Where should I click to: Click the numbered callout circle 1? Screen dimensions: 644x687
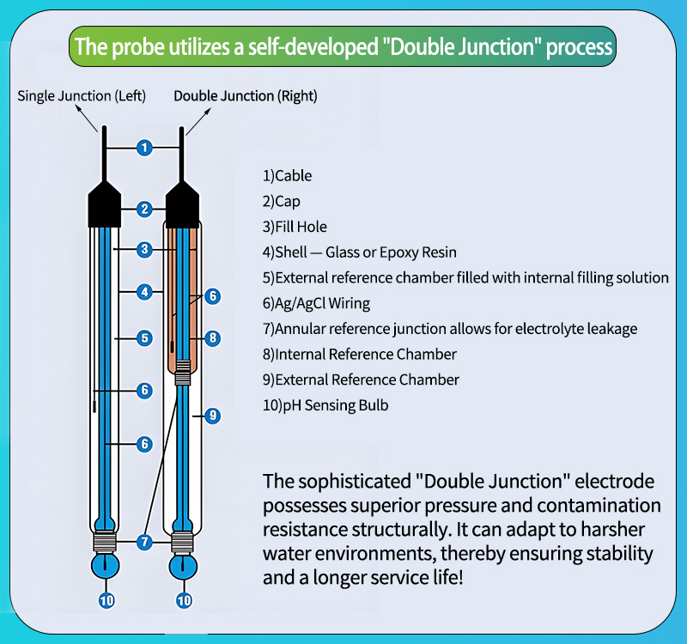pos(144,148)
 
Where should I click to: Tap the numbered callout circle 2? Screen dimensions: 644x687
pos(144,209)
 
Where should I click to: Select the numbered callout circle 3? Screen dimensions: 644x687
pos(144,249)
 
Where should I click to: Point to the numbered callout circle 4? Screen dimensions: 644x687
pos(144,292)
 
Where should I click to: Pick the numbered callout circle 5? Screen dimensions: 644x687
pos(144,337)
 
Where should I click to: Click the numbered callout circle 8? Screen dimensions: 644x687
pos(213,337)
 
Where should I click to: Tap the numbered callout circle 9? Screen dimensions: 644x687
pos(213,416)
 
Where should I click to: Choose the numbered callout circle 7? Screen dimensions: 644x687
pos(144,542)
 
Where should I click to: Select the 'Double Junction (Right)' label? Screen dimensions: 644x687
pos(246,95)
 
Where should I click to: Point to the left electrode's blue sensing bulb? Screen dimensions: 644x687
pos(106,566)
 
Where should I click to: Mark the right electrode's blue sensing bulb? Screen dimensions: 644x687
pos(183,566)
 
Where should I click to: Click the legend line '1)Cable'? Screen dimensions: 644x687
pos(287,176)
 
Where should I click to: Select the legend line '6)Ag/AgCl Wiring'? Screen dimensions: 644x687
pos(316,303)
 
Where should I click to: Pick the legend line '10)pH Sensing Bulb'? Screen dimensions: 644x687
pos(325,404)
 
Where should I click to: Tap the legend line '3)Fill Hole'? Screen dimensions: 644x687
pos(295,227)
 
